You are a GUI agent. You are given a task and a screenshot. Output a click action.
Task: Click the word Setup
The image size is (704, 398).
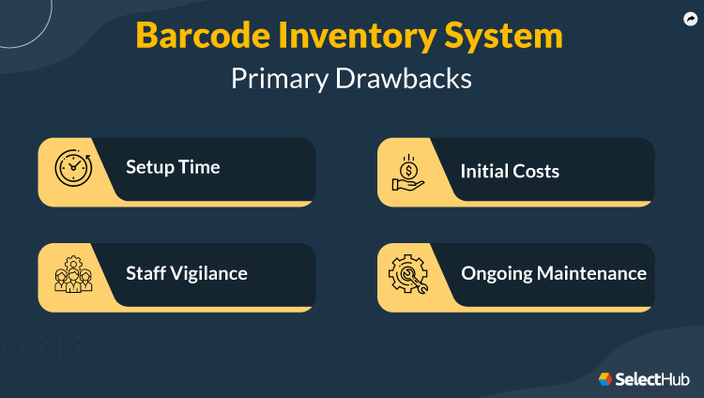click(148, 168)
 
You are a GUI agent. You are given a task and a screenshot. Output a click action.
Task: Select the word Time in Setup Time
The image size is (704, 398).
click(198, 168)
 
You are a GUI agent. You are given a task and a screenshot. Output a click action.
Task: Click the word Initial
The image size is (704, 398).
click(483, 171)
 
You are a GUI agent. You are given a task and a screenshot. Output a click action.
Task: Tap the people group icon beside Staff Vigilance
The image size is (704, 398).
click(72, 274)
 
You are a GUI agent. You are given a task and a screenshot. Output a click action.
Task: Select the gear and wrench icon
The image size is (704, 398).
click(408, 274)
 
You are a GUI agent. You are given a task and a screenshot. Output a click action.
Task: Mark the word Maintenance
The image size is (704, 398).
click(591, 274)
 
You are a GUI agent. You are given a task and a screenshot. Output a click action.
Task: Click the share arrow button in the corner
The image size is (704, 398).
click(690, 18)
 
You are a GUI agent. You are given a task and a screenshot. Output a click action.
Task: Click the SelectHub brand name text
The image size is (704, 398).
click(653, 379)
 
